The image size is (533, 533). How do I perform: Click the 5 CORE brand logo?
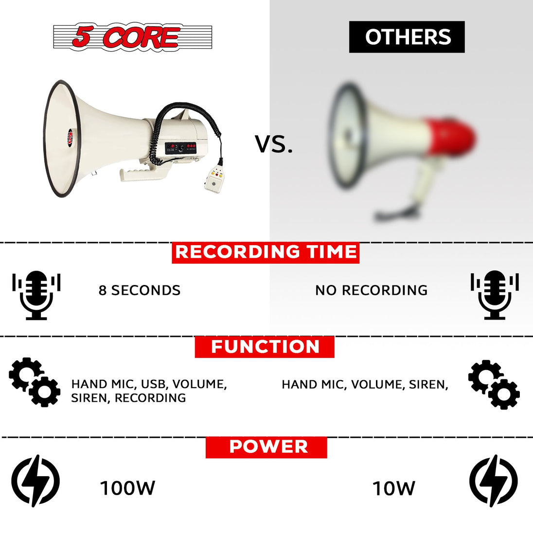click(133, 36)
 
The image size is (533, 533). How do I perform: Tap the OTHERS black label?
click(407, 36)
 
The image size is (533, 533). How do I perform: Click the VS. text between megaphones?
click(274, 144)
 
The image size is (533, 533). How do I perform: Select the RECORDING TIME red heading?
click(266, 252)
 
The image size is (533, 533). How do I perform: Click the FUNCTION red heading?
click(265, 347)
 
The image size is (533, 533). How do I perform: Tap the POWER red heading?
click(266, 447)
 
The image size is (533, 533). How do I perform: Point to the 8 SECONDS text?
click(140, 290)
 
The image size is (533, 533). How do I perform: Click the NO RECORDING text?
click(371, 290)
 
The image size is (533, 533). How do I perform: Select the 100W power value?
click(127, 488)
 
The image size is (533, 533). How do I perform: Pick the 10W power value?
click(393, 488)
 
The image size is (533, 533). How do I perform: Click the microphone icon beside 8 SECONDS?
click(36, 295)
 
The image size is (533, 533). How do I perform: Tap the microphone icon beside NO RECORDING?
click(495, 295)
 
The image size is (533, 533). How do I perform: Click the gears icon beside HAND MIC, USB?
click(35, 382)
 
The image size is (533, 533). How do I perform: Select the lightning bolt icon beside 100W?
click(36, 480)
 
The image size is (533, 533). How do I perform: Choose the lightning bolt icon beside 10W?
click(494, 480)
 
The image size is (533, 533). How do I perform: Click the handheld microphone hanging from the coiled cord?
click(214, 179)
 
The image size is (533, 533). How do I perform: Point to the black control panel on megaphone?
click(180, 148)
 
